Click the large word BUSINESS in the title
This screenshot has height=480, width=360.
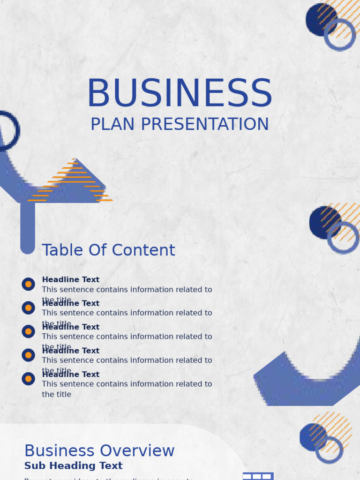(x=180, y=94)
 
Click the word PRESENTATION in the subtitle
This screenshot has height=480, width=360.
(x=205, y=125)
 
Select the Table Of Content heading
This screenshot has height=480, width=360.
(x=108, y=250)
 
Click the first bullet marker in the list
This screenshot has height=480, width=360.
(x=28, y=284)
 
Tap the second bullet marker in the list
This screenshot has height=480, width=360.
(x=28, y=308)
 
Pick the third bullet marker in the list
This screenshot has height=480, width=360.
(x=28, y=331)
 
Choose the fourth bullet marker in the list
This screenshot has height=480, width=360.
(x=28, y=355)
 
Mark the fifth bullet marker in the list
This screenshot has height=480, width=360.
(x=28, y=379)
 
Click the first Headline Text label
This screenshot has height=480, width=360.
(x=71, y=280)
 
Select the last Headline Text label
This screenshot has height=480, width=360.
(x=71, y=375)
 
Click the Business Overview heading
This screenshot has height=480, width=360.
(x=99, y=451)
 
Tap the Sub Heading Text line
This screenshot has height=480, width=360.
(x=74, y=466)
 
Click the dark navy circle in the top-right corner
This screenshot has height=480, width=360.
(x=319, y=19)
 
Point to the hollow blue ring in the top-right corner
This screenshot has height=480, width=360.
(x=339, y=35)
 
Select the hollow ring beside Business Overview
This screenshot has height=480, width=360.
(x=329, y=450)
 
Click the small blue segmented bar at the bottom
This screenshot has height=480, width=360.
(x=257, y=476)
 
